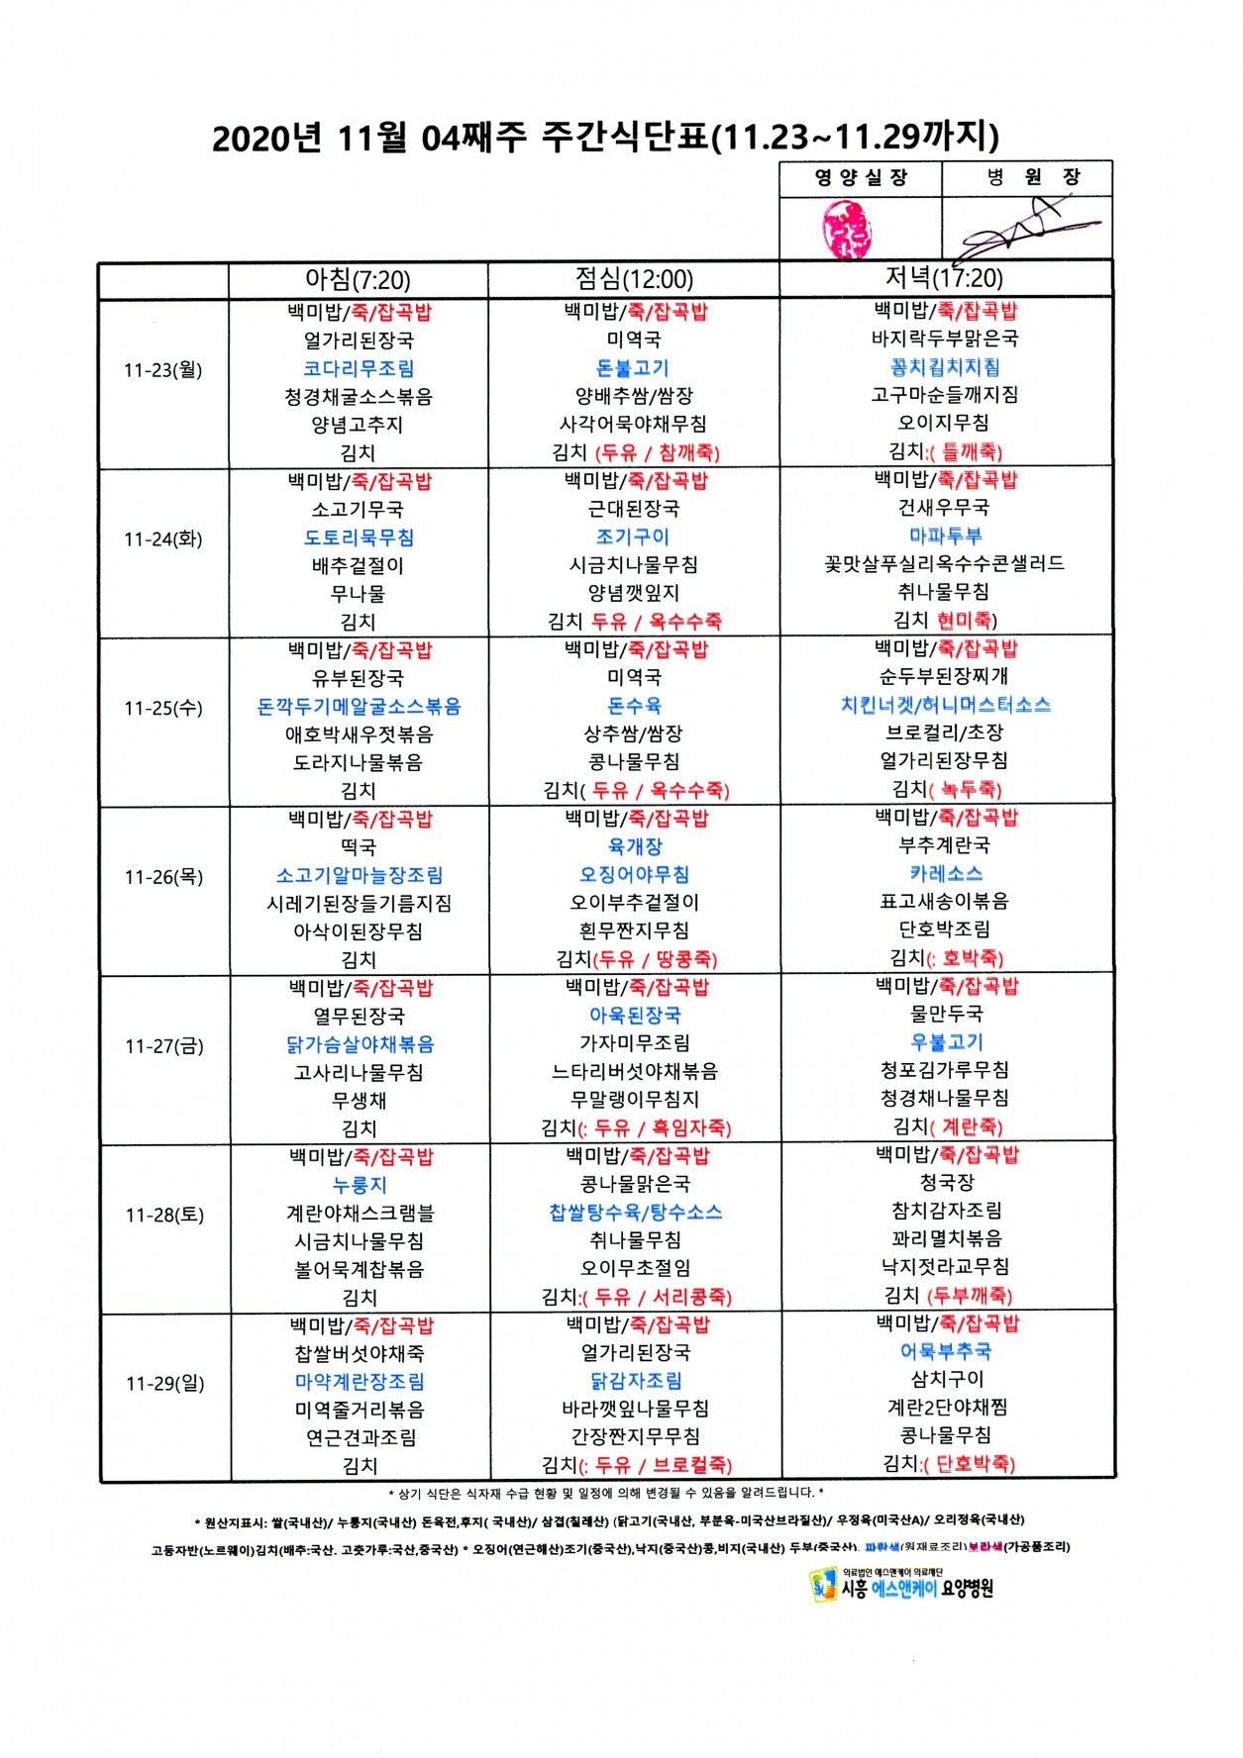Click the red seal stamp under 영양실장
(x=848, y=229)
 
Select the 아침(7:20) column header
(x=358, y=280)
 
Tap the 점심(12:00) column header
(x=634, y=279)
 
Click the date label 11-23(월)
(x=163, y=370)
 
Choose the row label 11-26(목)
(x=163, y=877)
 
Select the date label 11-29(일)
(x=164, y=1384)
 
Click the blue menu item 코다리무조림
(x=359, y=369)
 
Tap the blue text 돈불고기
(x=633, y=368)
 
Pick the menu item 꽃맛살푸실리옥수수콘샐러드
(x=944, y=563)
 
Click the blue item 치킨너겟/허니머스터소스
(x=945, y=705)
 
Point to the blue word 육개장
(x=635, y=846)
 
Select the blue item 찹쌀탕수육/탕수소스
(x=635, y=1213)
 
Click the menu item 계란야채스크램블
(x=360, y=1214)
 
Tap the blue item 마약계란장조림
(x=360, y=1382)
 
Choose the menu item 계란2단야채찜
(x=946, y=1408)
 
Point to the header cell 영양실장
(x=860, y=178)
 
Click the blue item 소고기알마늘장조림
(x=360, y=876)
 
